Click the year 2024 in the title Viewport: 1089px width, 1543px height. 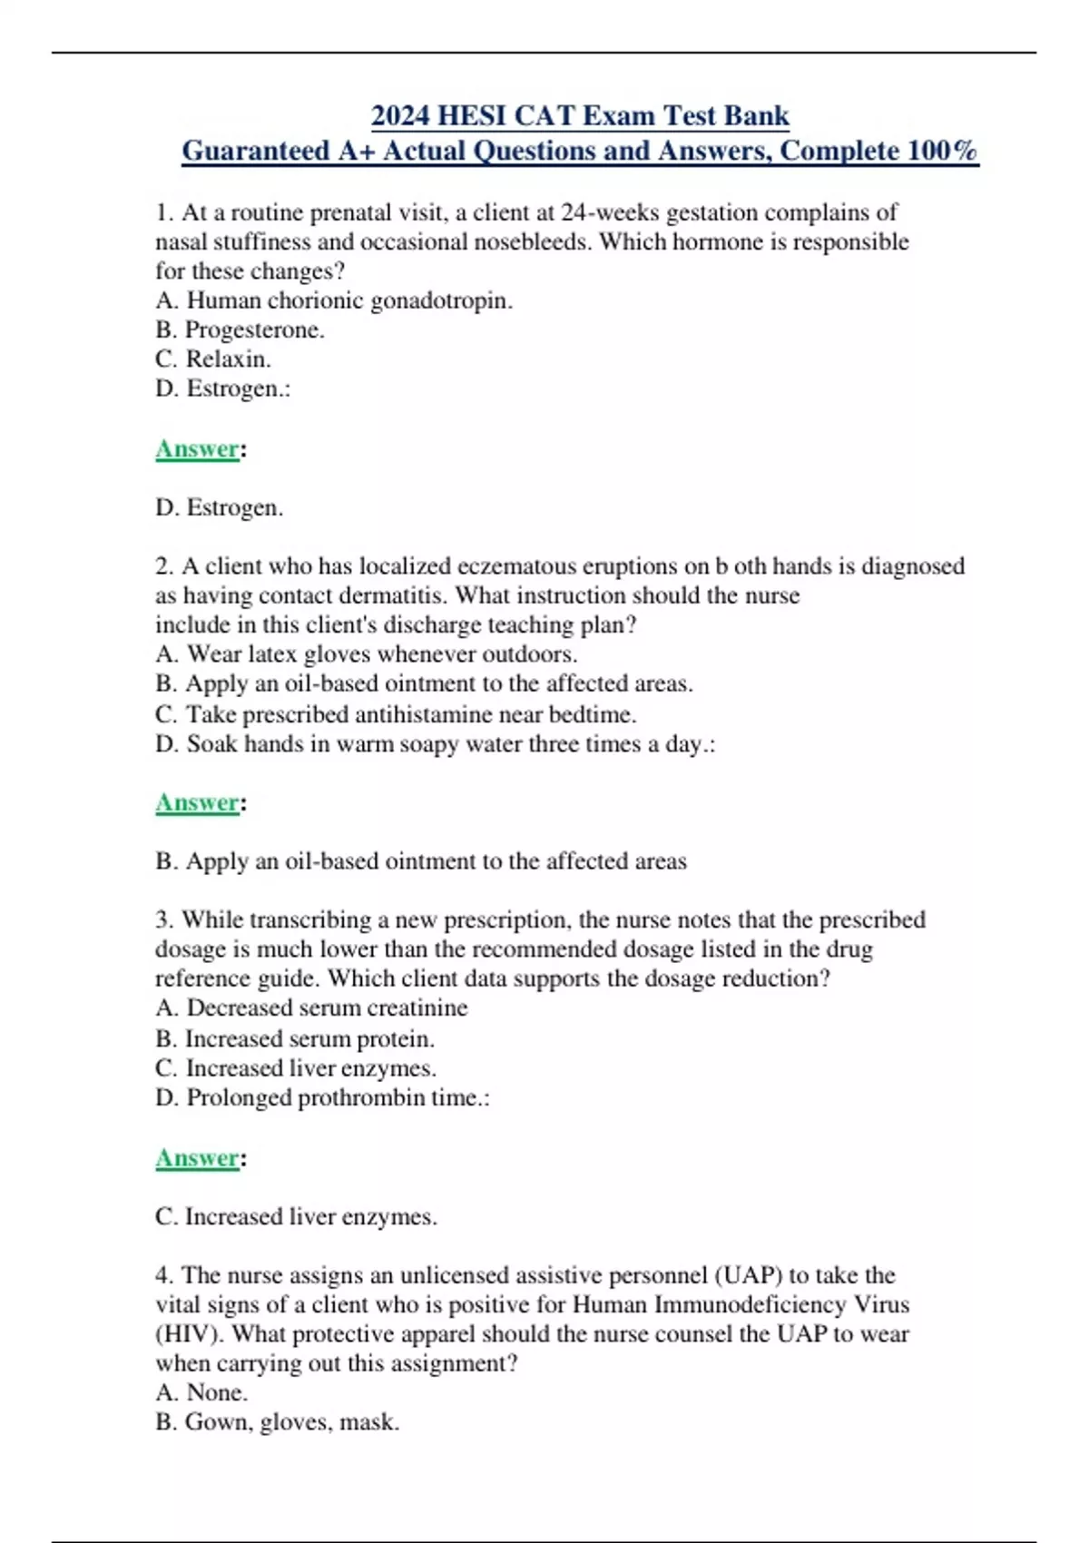point(400,116)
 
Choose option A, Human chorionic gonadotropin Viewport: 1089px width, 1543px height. point(334,300)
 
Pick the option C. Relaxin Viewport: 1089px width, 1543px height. point(213,359)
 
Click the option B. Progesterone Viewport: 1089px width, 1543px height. point(240,329)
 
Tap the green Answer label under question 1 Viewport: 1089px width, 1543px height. point(197,448)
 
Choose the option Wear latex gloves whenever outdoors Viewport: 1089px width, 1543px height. point(367,654)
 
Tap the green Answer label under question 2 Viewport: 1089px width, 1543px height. point(197,802)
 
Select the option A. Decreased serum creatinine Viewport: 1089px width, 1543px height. point(311,1007)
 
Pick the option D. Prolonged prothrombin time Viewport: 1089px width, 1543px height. point(322,1097)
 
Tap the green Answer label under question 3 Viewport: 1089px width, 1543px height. point(197,1158)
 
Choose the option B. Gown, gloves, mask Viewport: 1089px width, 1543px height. point(277,1422)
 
